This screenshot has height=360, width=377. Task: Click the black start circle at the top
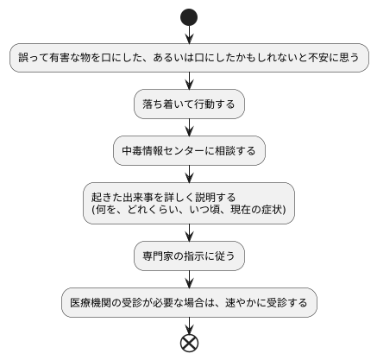(189, 17)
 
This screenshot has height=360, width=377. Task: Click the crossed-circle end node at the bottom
(189, 342)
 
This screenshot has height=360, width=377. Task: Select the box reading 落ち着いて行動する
(189, 104)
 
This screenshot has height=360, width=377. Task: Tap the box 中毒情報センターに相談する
(189, 151)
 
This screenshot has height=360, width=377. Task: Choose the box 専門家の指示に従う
(189, 256)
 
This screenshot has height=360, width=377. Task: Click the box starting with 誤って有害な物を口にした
(189, 58)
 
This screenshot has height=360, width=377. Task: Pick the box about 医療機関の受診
(189, 303)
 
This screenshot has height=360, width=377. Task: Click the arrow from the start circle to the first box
(189, 35)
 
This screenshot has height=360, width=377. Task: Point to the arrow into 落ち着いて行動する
(189, 81)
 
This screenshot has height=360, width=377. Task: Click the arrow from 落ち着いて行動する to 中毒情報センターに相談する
(189, 128)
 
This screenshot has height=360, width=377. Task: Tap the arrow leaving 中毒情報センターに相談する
(189, 174)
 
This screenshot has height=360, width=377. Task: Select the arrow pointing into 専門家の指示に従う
(189, 234)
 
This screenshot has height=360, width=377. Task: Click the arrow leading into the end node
(189, 325)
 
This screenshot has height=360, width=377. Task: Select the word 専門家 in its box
(159, 256)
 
